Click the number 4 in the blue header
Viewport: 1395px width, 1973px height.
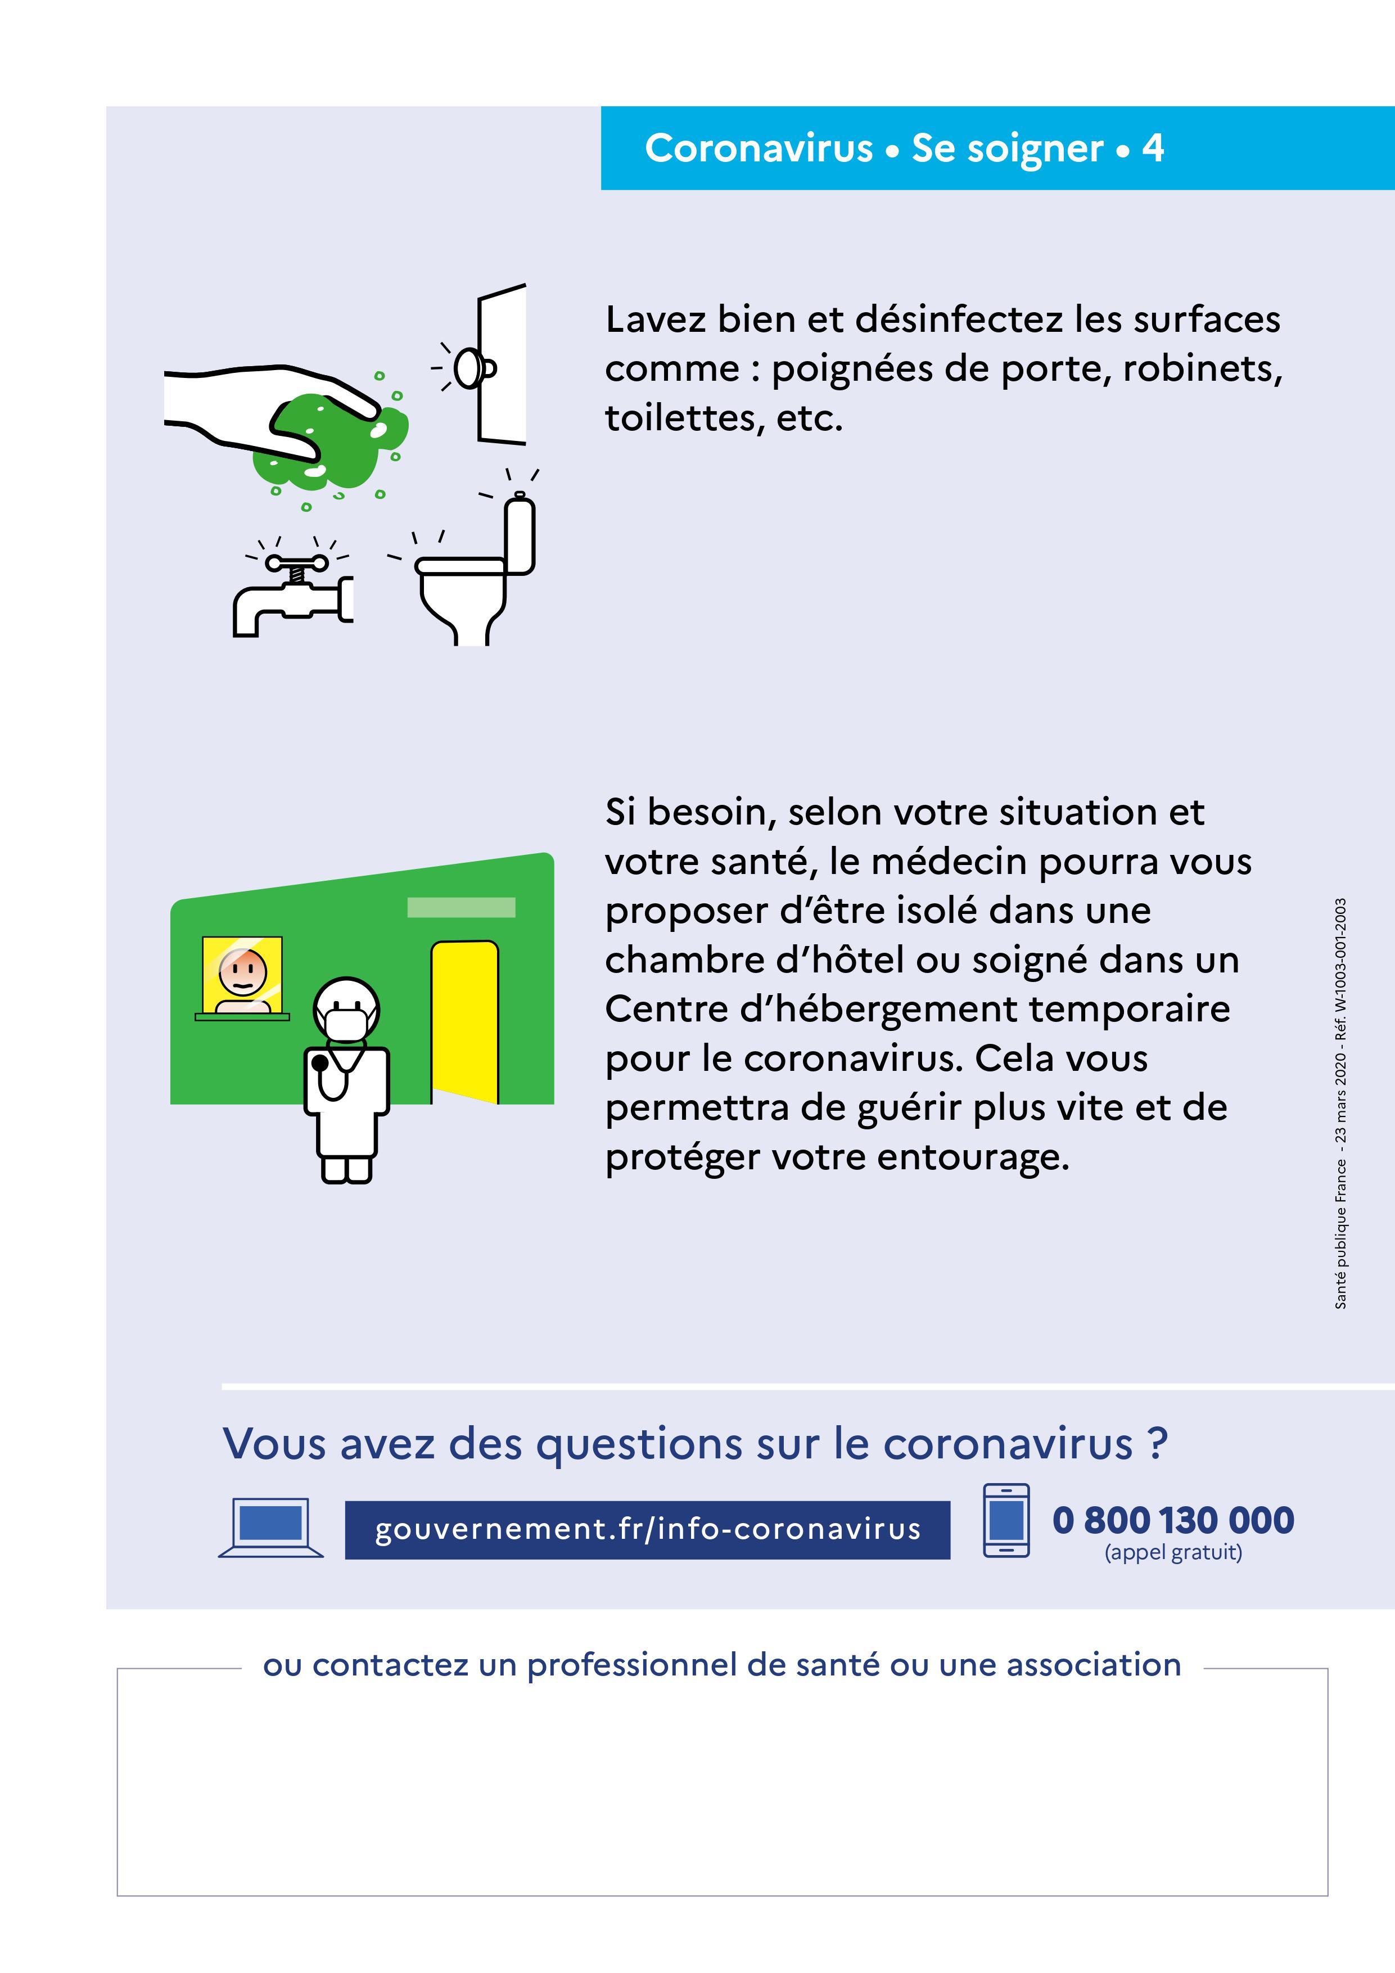tap(1152, 148)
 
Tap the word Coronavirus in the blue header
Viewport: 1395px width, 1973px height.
tap(759, 148)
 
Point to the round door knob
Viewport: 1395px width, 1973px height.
tap(468, 368)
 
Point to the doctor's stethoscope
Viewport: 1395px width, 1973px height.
tap(331, 1074)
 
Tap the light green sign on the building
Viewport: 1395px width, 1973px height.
tap(461, 907)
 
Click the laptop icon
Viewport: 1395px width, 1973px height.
tap(270, 1529)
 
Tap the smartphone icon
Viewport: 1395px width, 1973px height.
tap(1006, 1520)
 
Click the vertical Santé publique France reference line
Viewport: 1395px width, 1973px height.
tap(1340, 1103)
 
